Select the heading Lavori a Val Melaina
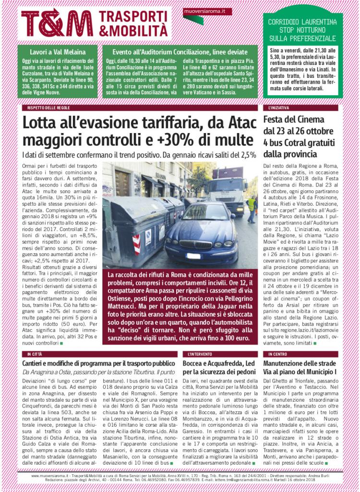58,51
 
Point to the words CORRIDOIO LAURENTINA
302,22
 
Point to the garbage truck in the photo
226,185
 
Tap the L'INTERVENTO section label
197,354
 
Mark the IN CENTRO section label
276,354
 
